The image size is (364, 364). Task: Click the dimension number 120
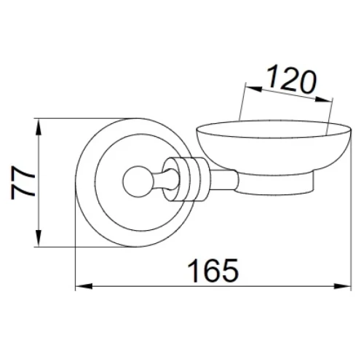pos(292,79)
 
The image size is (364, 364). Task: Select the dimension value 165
pos(213,271)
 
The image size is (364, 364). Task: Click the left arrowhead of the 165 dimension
pos(84,286)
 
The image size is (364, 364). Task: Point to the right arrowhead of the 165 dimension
pos(342,286)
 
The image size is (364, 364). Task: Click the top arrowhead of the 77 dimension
pos(39,127)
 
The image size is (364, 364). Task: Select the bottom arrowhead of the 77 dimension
pos(39,239)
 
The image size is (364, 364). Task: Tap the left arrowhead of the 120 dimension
pos(254,88)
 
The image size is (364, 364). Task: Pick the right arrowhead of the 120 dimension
pos(324,99)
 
